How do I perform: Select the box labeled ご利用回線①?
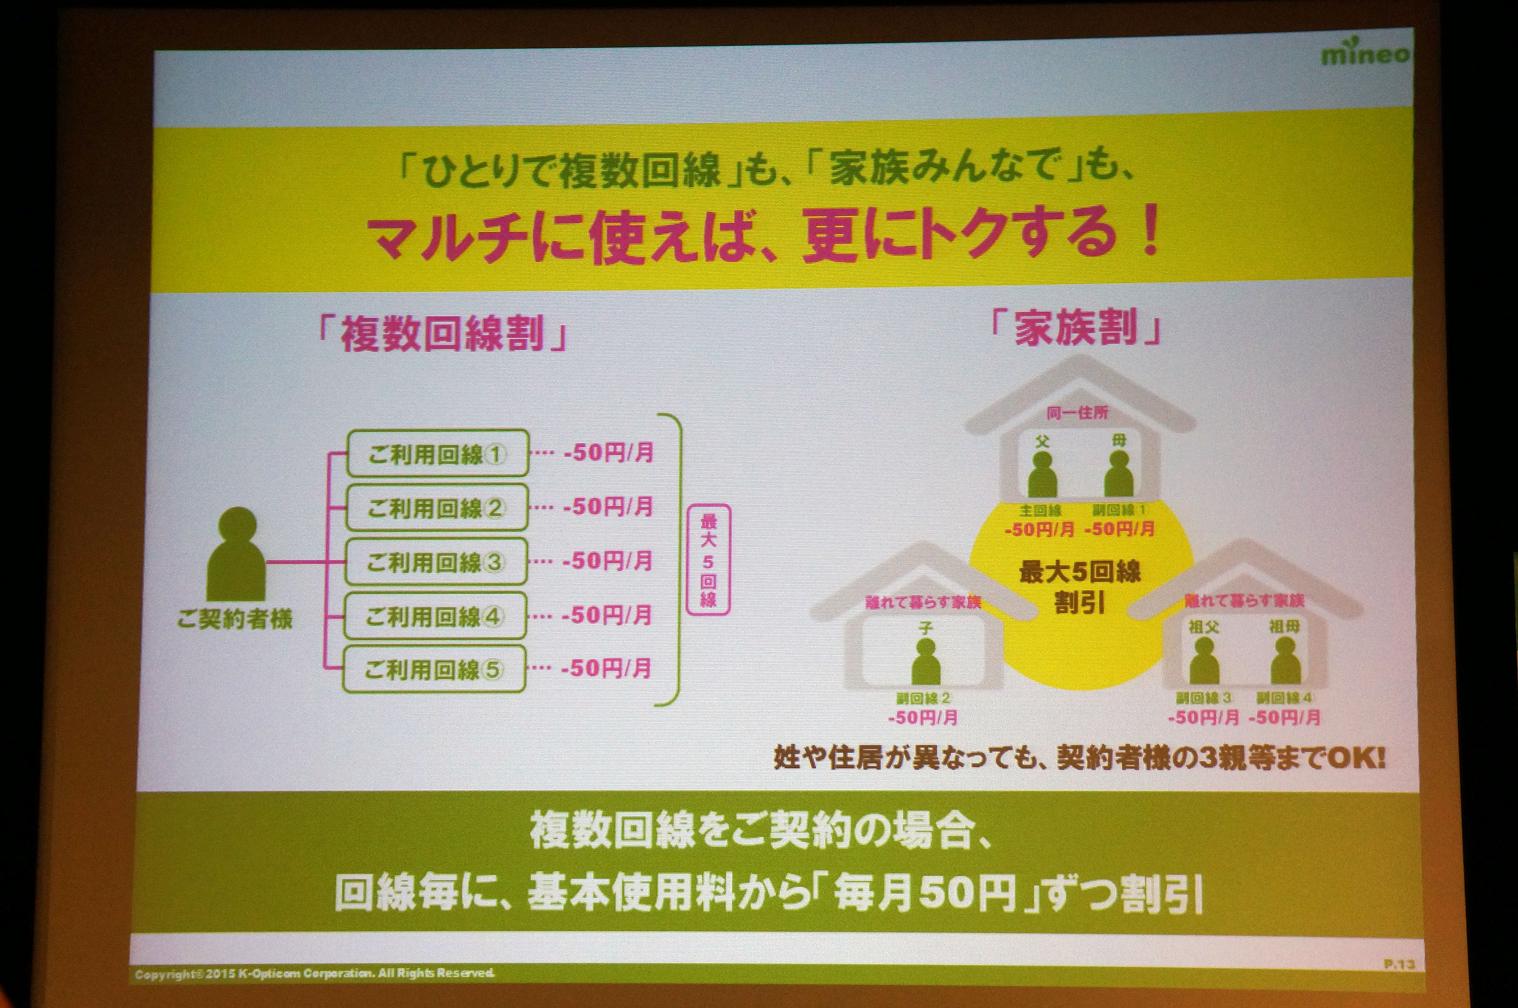coord(437,454)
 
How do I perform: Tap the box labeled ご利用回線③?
coord(435,562)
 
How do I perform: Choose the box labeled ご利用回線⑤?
coord(434,669)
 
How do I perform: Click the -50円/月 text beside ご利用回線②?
coord(608,507)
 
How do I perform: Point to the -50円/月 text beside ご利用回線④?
coord(607,615)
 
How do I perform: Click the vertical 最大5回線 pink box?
coord(708,559)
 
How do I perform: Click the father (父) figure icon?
coord(1042,474)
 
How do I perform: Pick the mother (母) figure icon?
coord(1119,474)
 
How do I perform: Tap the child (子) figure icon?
coord(926,661)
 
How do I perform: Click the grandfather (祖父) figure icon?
coord(1204,661)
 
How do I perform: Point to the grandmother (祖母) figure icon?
coord(1285,661)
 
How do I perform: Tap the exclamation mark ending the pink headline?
coord(1148,236)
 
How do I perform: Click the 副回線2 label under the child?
coord(923,698)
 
